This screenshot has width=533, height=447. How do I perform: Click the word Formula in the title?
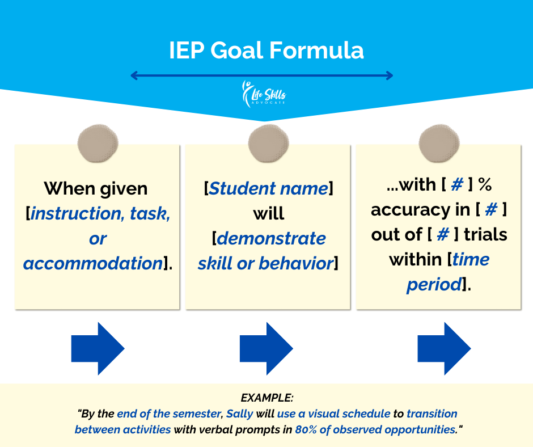316,50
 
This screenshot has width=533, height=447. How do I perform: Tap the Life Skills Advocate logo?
264,94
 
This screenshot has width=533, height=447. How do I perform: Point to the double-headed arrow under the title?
262,75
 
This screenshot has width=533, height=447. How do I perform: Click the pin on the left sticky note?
98,143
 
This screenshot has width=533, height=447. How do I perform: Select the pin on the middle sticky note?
269,143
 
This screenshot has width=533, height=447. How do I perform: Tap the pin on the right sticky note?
439,143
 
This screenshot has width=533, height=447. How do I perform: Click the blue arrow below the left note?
98,349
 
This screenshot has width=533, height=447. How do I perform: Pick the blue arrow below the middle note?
266,349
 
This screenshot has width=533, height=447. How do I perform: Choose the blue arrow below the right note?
445,349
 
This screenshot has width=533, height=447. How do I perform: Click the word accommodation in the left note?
93,263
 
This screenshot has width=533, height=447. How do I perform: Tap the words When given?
96,189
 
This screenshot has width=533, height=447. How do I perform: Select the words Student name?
269,188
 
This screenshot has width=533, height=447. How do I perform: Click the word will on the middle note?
269,214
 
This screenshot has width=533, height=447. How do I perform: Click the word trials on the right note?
486,234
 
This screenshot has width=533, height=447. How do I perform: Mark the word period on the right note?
434,284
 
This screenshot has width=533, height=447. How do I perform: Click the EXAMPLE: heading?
267,398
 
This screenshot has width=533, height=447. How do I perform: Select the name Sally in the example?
240,414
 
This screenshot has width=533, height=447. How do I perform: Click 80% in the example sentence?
306,429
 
